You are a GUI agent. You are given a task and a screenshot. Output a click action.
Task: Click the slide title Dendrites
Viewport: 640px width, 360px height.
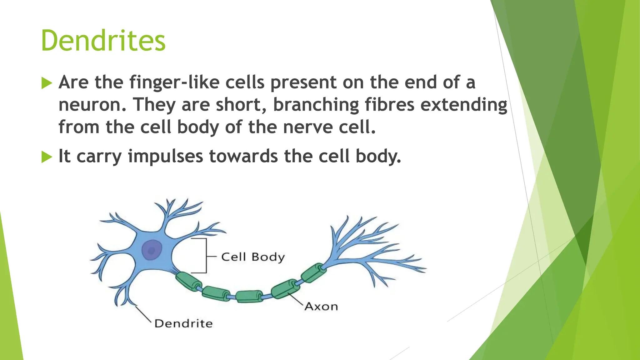click(103, 41)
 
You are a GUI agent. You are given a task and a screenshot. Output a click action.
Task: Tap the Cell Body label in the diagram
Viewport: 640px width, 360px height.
click(253, 257)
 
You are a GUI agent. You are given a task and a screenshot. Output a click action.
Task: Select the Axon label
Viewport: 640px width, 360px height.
click(321, 307)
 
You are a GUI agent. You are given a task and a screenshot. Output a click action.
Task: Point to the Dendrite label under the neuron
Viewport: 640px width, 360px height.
click(183, 323)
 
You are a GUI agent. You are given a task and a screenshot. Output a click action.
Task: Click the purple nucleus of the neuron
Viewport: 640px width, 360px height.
click(152, 250)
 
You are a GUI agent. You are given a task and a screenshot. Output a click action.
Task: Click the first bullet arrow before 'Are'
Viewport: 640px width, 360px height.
click(47, 83)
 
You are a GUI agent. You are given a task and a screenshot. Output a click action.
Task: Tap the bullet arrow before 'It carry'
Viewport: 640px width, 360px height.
click(47, 157)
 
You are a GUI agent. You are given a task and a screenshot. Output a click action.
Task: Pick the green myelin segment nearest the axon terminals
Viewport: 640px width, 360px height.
click(313, 272)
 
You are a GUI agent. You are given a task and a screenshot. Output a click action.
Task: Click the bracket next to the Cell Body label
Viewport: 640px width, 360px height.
click(206, 256)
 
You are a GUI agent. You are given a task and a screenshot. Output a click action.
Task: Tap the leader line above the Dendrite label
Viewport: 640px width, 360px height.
click(143, 314)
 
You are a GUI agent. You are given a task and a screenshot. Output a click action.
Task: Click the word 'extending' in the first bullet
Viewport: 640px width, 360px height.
click(464, 105)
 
